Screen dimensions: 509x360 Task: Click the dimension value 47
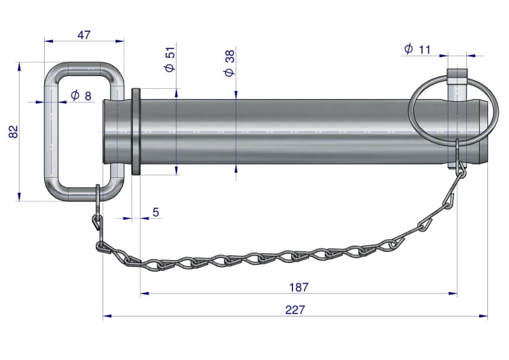click(84, 35)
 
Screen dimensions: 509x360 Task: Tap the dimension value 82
click(14, 132)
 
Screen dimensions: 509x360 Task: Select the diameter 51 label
click(170, 59)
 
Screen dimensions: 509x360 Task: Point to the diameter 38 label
click(229, 63)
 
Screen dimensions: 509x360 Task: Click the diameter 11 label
click(417, 50)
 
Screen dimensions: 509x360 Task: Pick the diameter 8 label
click(81, 96)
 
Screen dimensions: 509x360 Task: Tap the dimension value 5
click(156, 212)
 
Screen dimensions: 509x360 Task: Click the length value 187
click(299, 287)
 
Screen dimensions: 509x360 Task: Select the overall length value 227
click(295, 310)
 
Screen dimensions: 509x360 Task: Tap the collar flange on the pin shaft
click(136, 132)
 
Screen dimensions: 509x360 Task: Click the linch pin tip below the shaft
click(457, 165)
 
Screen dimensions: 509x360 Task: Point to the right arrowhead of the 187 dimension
click(453, 293)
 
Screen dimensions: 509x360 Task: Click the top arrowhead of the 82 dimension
click(19, 67)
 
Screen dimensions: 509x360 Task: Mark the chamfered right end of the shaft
click(484, 132)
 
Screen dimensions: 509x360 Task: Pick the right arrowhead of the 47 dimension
click(119, 41)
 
